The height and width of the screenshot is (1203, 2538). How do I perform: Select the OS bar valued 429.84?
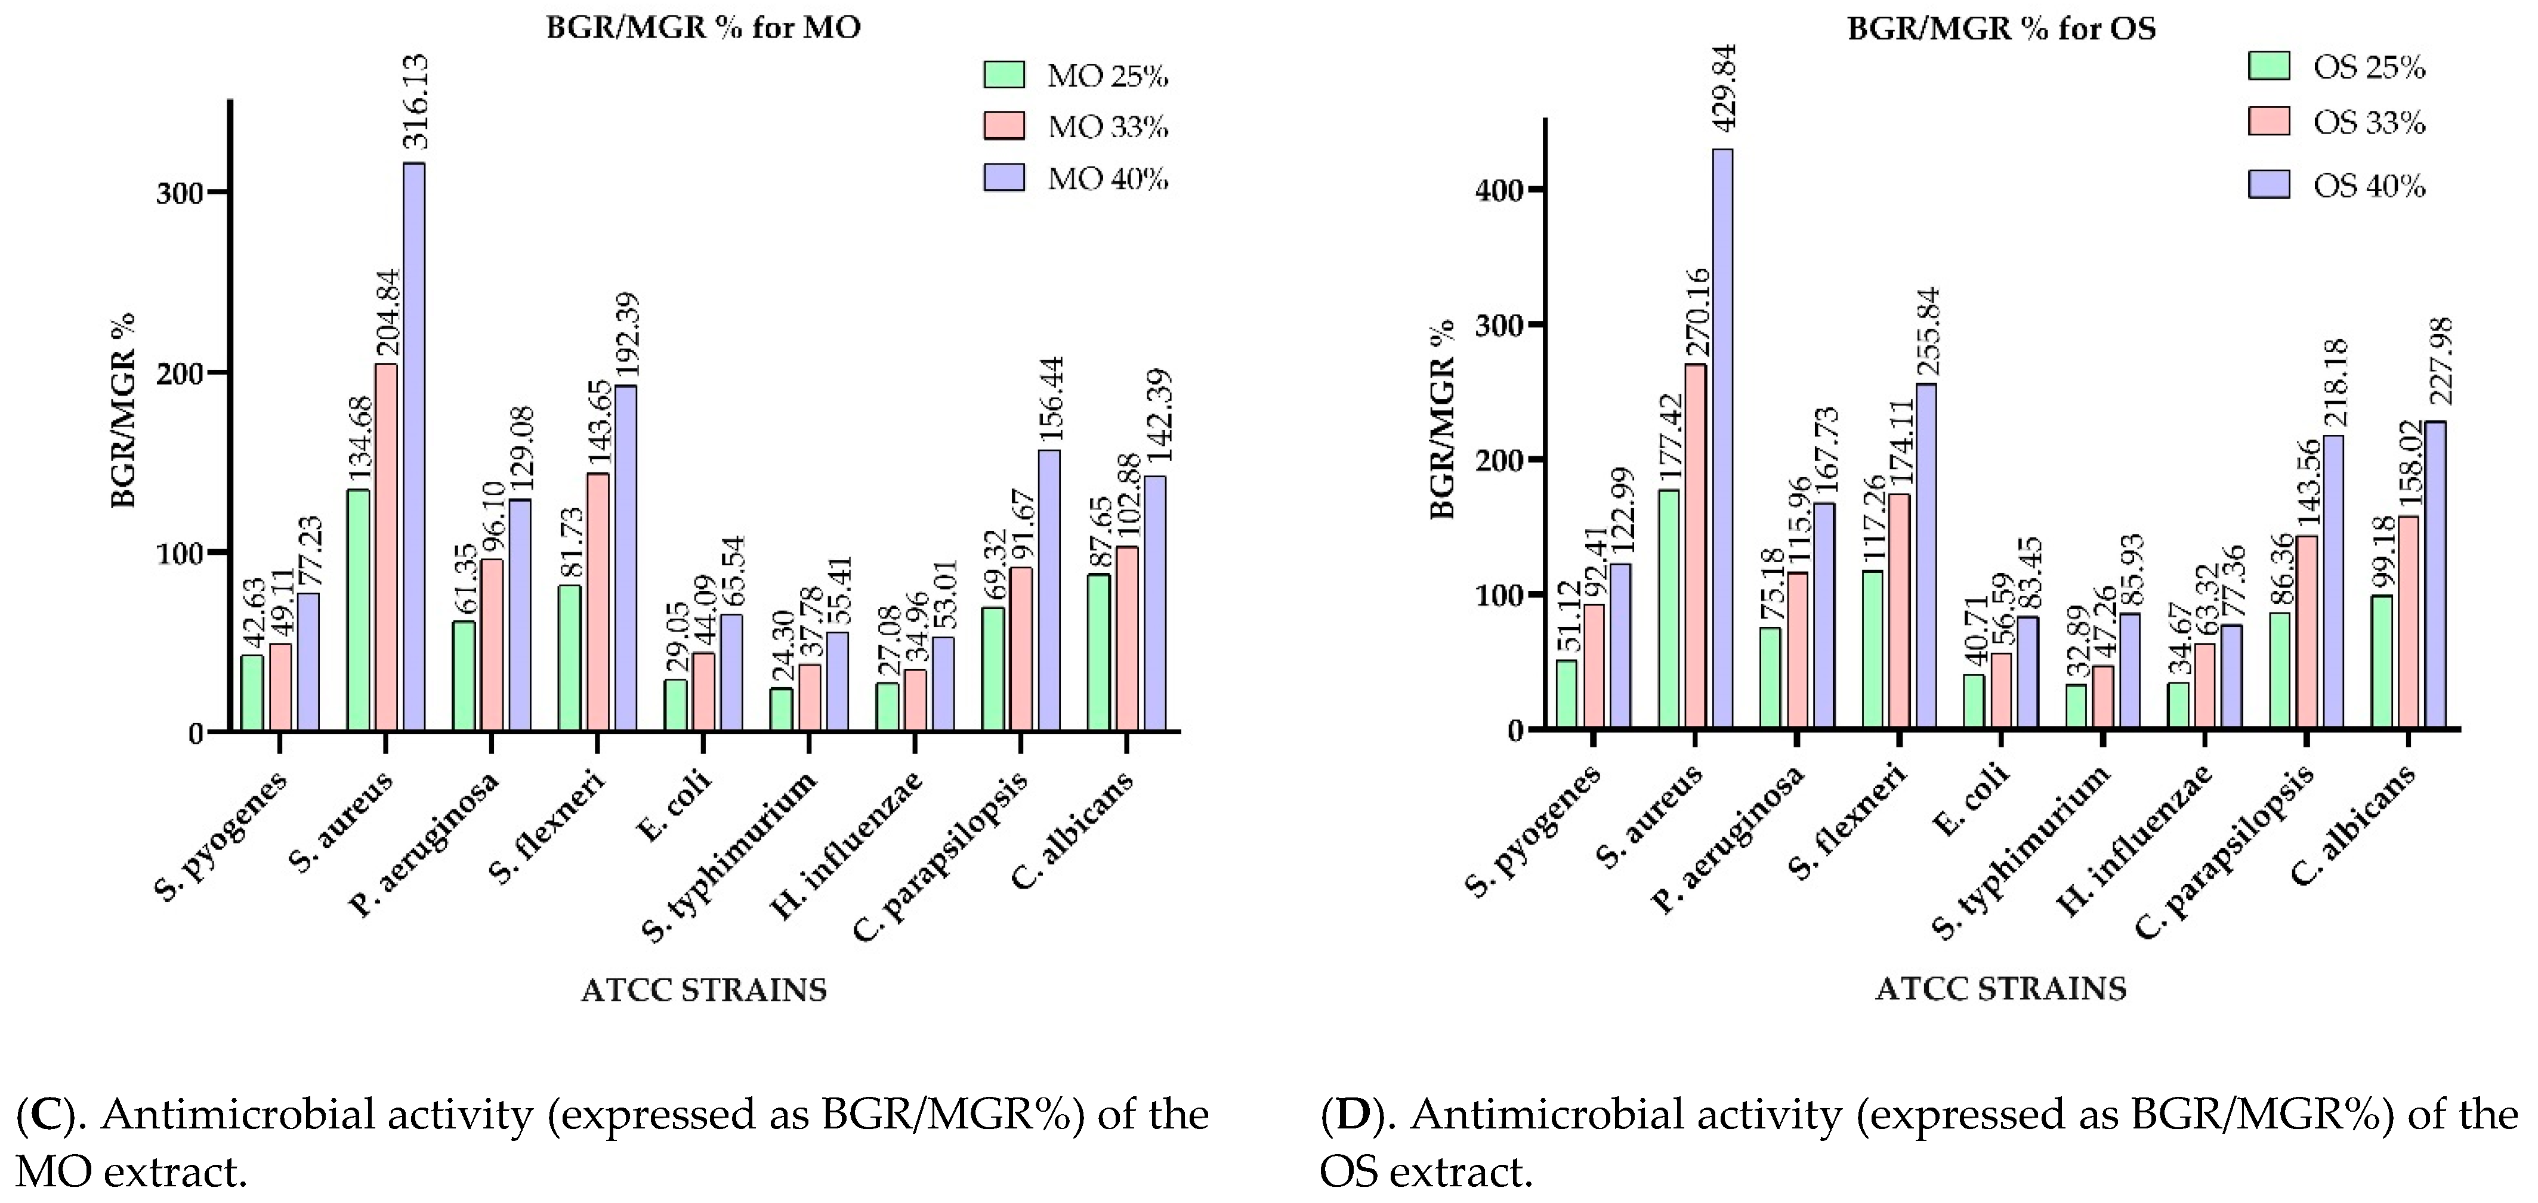pyautogui.click(x=1723, y=438)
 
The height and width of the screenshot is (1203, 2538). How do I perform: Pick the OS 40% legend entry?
pyautogui.click(x=2336, y=185)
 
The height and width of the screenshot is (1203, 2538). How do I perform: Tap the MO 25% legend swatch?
pyautogui.click(x=1004, y=76)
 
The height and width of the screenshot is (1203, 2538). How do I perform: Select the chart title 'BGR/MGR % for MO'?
pyautogui.click(x=703, y=27)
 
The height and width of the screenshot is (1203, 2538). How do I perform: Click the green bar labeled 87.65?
pyautogui.click(x=1098, y=652)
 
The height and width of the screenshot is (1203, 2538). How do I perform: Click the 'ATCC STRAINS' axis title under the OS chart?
pyautogui.click(x=2000, y=988)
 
